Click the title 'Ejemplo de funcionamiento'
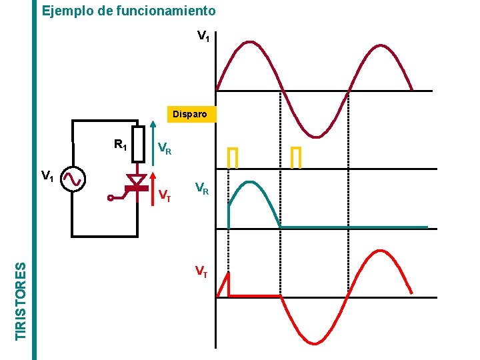pyautogui.click(x=129, y=11)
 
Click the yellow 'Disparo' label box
pyautogui.click(x=190, y=114)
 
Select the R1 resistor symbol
pyautogui.click(x=138, y=144)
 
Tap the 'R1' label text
pyautogui.click(x=121, y=144)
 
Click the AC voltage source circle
pyautogui.click(x=71, y=179)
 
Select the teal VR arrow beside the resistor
pyautogui.click(x=153, y=137)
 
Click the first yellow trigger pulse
pyautogui.click(x=232, y=157)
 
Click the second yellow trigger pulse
pyautogui.click(x=296, y=157)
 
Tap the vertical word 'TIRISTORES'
pyautogui.click(x=22, y=299)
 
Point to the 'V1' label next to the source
pyautogui.click(x=47, y=176)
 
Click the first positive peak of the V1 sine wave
pyautogui.click(x=249, y=43)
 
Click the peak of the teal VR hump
pyautogui.click(x=249, y=182)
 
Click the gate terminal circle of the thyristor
pyautogui.click(x=111, y=197)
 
